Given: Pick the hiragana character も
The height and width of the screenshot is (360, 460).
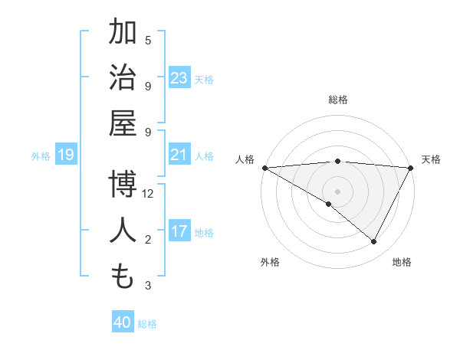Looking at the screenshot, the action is (x=123, y=277).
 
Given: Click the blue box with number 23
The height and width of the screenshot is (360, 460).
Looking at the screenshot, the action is (x=179, y=77).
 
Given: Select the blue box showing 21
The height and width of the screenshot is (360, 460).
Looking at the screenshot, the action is (x=179, y=155).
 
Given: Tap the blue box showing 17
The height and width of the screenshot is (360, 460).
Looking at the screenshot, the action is (x=179, y=231).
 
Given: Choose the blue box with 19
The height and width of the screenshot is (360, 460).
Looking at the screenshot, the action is (x=66, y=155).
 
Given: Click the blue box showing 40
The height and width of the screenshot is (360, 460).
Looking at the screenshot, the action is (x=123, y=322).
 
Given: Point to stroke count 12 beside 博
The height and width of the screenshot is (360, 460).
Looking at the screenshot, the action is (x=148, y=194).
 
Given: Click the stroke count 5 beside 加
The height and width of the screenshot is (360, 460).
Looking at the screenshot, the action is (x=148, y=40).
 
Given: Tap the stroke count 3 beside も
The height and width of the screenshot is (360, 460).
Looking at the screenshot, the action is (x=148, y=286).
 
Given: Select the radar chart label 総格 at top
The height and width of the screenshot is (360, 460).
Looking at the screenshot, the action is (x=337, y=100).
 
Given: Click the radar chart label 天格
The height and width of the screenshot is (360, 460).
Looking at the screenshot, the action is (x=432, y=159).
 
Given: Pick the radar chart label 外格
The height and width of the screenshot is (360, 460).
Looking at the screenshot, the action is (x=269, y=262).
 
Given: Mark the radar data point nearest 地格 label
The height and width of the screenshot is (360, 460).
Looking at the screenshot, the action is (x=374, y=241).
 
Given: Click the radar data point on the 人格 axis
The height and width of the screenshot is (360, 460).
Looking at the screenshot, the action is (x=264, y=167).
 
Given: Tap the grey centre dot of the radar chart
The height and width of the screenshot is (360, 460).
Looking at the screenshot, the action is (x=337, y=191).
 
